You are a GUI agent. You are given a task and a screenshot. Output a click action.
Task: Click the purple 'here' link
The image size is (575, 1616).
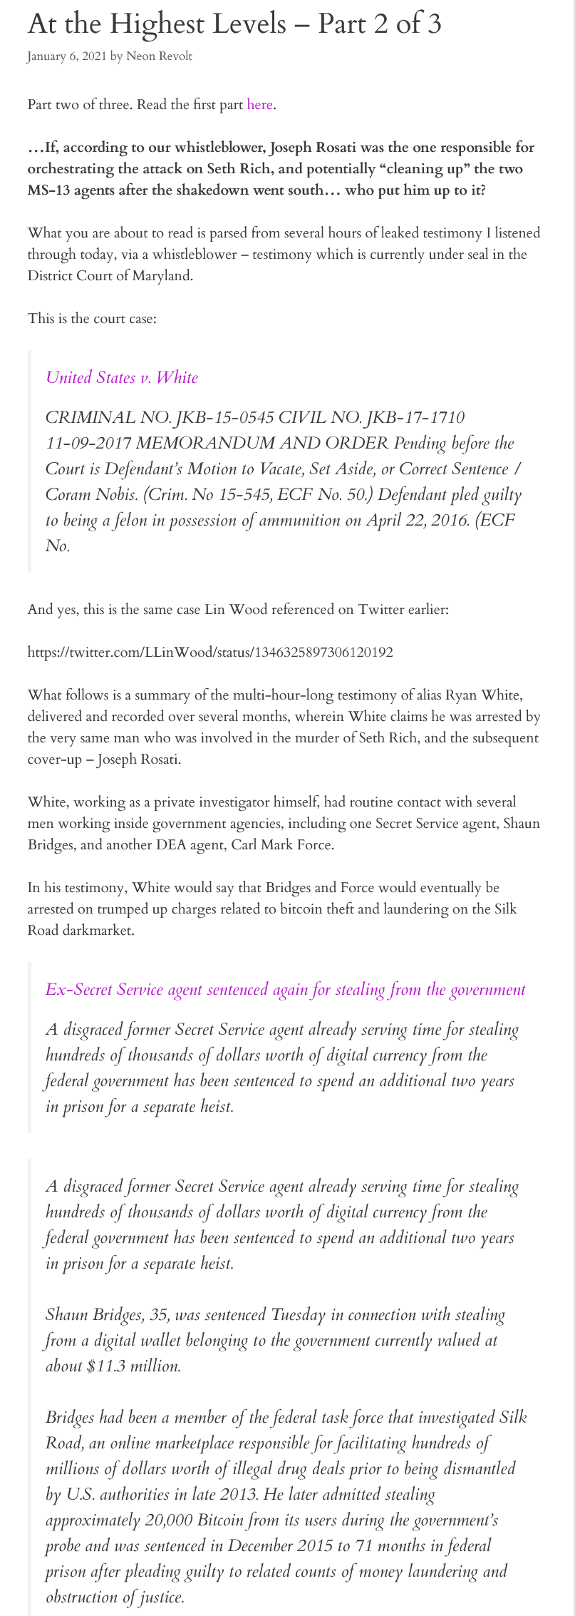click(x=259, y=105)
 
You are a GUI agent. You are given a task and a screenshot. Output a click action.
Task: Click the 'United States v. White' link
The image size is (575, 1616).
click(x=122, y=377)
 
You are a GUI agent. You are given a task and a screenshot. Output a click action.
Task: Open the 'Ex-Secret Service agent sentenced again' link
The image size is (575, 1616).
click(x=285, y=989)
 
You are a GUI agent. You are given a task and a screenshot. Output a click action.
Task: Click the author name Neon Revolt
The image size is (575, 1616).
click(x=159, y=56)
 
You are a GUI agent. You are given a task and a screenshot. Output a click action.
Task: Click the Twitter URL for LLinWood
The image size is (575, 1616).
click(x=210, y=652)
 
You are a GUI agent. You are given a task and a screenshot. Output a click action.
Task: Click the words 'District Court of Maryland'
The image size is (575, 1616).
click(x=109, y=275)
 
